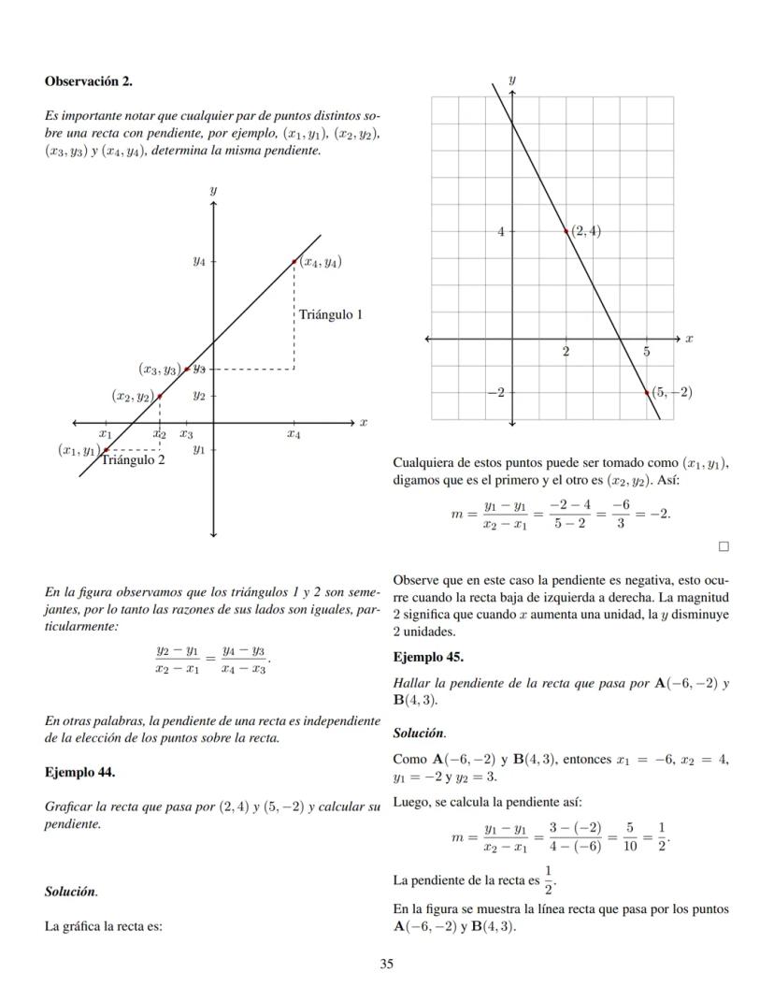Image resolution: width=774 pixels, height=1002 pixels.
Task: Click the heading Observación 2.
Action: [x=88, y=81]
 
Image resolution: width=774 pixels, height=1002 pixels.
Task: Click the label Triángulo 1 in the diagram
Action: [x=330, y=314]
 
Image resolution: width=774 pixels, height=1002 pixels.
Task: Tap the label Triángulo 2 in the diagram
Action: [x=133, y=459]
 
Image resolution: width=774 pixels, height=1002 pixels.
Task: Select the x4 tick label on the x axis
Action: [x=294, y=434]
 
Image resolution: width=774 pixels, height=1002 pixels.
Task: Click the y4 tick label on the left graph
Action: [x=199, y=262]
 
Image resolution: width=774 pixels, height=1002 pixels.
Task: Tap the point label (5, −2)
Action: [x=672, y=392]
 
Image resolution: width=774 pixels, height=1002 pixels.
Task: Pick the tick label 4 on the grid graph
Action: [x=500, y=230]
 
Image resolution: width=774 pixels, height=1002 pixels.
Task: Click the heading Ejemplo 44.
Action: [x=79, y=773]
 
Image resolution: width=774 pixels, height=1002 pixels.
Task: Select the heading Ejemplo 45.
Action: [x=428, y=657]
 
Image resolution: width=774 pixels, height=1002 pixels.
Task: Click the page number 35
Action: [x=386, y=964]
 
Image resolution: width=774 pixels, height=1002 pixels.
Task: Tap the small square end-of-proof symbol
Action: [x=723, y=545]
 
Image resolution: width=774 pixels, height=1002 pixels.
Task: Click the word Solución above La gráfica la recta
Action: [x=71, y=892]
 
